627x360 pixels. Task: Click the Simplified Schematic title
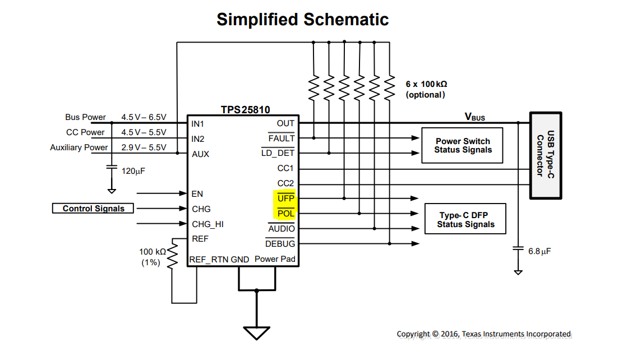point(302,20)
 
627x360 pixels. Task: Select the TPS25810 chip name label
point(245,110)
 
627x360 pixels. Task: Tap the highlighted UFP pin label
point(285,199)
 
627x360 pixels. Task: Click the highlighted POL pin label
point(285,214)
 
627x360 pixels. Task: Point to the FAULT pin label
point(281,139)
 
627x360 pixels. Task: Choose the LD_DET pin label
point(278,153)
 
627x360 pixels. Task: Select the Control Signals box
point(93,209)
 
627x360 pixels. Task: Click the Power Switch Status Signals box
point(462,146)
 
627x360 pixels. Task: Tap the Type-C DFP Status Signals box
point(465,220)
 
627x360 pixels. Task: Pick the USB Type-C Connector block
point(545,155)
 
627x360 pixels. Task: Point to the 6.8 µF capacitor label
point(540,251)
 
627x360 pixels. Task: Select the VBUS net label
point(474,117)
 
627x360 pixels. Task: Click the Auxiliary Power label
point(79,147)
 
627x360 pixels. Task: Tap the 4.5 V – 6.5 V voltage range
point(144,117)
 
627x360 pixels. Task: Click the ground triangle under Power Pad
point(257,333)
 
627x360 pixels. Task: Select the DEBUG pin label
point(280,244)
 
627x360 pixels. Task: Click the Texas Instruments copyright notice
point(483,334)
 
